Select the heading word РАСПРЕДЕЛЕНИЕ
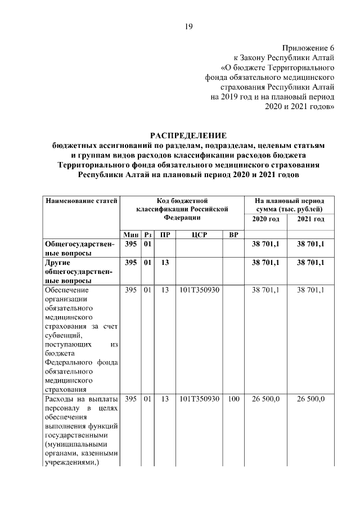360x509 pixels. click(x=188, y=135)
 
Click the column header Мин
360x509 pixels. click(x=131, y=235)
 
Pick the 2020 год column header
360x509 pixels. click(x=265, y=218)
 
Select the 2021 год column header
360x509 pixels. click(x=311, y=218)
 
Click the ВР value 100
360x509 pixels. click(x=233, y=399)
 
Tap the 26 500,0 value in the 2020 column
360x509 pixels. click(x=265, y=399)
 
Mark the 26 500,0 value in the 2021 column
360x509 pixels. click(x=311, y=399)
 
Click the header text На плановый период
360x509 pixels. click(x=289, y=200)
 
